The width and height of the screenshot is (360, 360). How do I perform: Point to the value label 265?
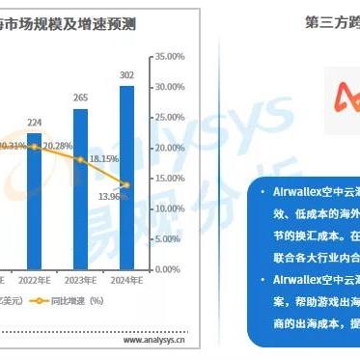click(82, 97)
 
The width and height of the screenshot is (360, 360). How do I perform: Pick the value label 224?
click(34, 123)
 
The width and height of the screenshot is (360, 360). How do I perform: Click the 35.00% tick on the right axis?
click(171, 57)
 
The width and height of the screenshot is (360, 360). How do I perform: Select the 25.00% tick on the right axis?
click(171, 118)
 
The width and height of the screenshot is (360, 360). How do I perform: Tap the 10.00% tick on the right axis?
click(171, 208)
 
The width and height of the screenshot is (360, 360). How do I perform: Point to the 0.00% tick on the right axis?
click(169, 269)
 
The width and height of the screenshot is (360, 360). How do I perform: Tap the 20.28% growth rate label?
click(61, 147)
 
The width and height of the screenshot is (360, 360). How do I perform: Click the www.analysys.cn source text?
click(154, 340)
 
